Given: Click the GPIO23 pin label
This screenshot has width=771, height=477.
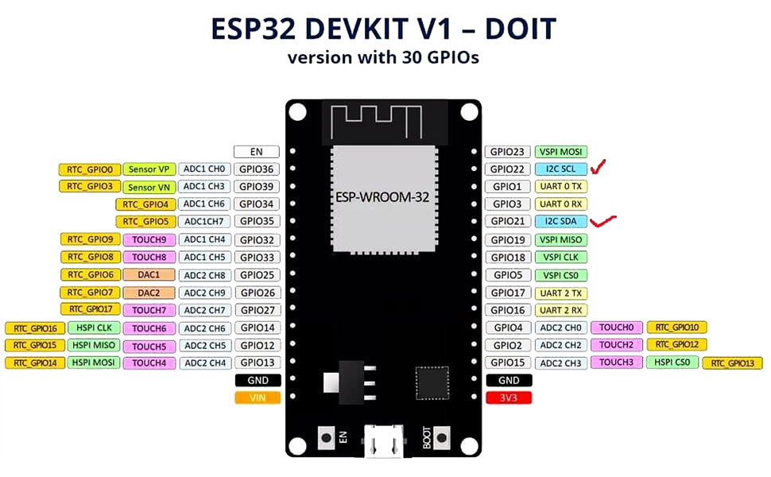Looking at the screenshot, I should point(506,152).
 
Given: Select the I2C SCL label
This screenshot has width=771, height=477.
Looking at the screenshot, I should point(560,169).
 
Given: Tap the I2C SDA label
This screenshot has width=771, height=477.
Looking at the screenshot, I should point(560,222).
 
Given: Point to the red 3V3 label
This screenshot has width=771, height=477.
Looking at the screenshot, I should point(509,397).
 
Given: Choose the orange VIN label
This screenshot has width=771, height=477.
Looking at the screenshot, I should point(258,397).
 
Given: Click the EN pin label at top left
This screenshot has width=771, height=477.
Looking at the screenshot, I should point(257,152).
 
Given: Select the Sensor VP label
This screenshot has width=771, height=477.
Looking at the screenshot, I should point(149,169).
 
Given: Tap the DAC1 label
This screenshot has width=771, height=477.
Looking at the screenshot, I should point(149,274).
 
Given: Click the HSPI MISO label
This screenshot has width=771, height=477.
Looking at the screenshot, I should point(94,345).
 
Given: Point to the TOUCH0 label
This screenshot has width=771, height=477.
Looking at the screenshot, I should point(615,327).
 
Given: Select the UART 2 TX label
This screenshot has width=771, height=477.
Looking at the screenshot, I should point(560,293).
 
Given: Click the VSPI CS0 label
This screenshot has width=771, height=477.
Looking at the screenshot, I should point(560,275).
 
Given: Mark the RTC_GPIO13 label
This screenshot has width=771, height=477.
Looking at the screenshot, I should point(732,363).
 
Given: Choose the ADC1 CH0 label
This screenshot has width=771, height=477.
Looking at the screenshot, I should point(204,169).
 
